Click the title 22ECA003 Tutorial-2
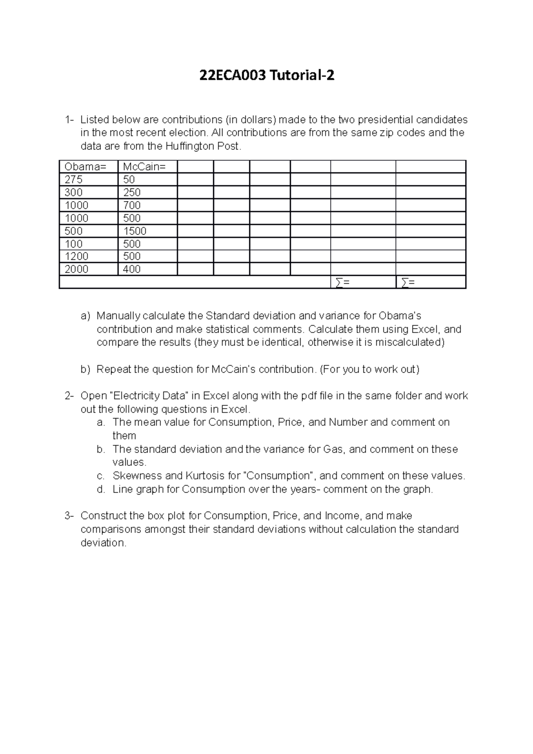[x=266, y=76]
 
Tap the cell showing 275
[x=74, y=180]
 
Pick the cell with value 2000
[x=76, y=270]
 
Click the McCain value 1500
[x=135, y=231]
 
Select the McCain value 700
[x=132, y=206]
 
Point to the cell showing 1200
[x=76, y=257]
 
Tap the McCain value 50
[x=129, y=180]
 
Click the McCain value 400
[x=132, y=270]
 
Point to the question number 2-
[x=69, y=396]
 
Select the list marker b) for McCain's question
[x=85, y=369]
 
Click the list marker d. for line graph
[x=101, y=489]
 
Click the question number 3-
[x=69, y=516]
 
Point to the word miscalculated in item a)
[x=406, y=343]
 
